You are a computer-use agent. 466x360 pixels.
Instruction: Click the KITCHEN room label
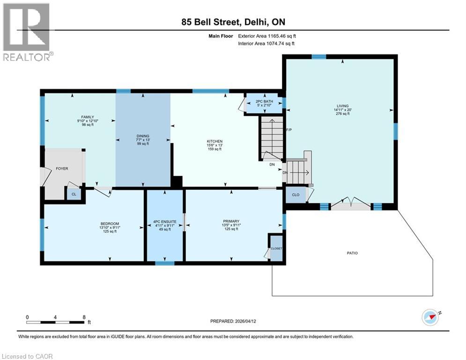(215, 141)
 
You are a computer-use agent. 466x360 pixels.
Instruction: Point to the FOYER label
(62, 167)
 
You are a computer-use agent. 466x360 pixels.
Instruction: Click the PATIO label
(352, 253)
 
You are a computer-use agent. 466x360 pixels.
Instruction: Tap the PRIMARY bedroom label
(231, 221)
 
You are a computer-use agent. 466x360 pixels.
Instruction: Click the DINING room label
(143, 136)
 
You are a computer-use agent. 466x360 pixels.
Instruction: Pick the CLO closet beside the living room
(295, 195)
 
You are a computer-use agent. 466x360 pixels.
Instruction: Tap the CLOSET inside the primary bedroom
(276, 248)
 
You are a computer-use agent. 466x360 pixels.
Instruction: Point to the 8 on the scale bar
(83, 317)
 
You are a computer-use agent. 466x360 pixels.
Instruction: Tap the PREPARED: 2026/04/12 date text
(232, 321)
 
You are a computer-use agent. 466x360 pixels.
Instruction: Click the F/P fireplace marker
(289, 130)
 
